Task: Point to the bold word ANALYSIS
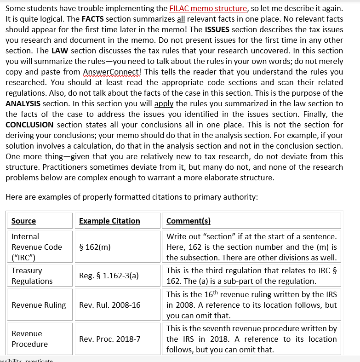click(23, 103)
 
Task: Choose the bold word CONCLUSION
click(29, 125)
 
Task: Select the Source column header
click(23, 221)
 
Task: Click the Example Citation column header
click(109, 221)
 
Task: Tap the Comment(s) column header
click(189, 221)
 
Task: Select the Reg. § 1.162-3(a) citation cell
click(109, 276)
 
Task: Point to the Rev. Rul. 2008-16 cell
click(110, 305)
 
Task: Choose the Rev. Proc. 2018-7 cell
click(110, 339)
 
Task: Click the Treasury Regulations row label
click(32, 276)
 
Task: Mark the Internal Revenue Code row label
click(37, 247)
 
